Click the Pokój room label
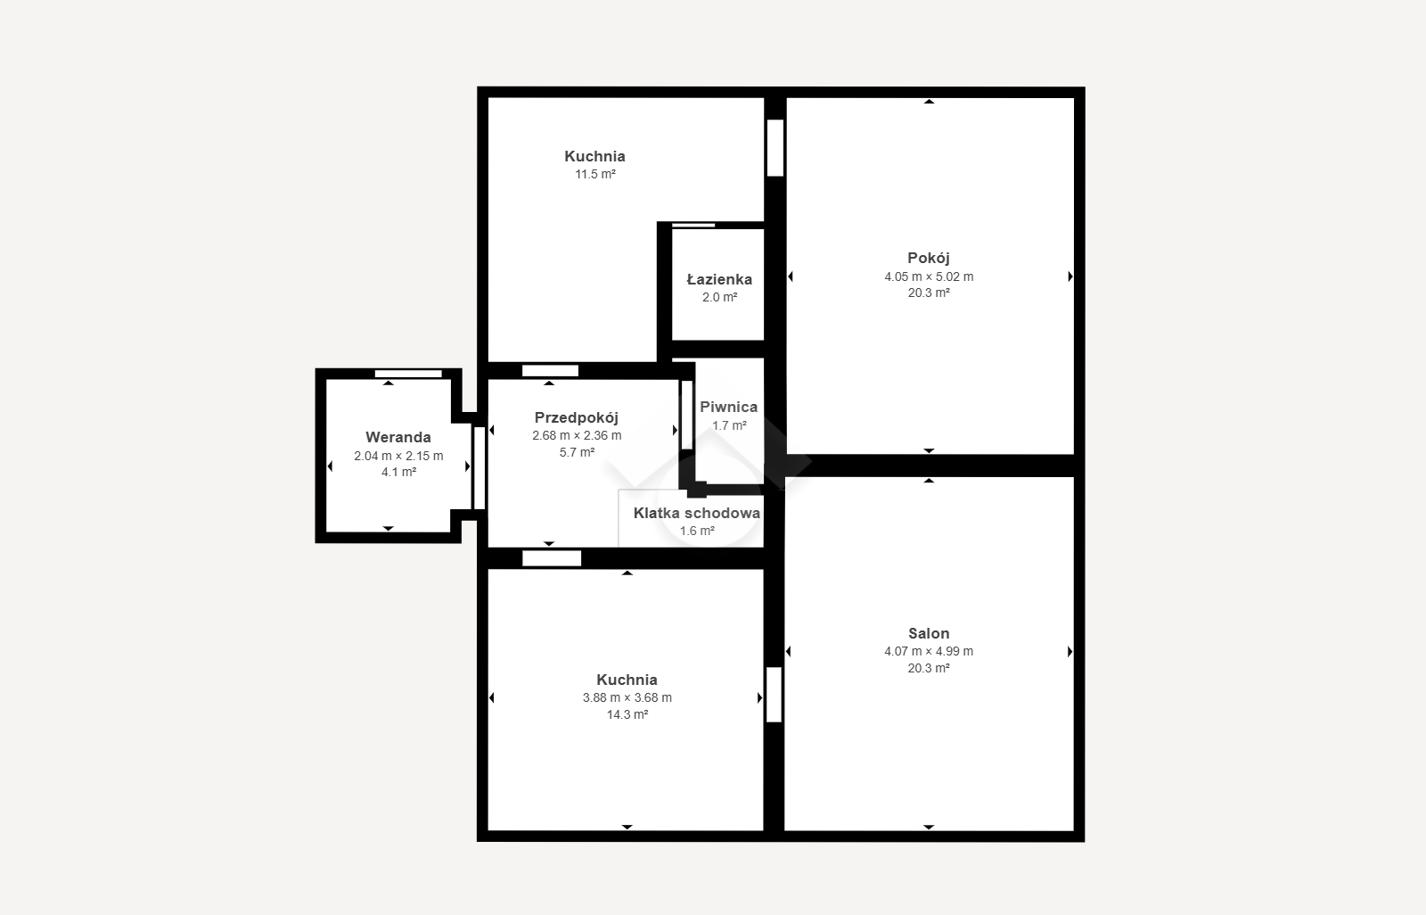point(928,258)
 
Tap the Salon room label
point(928,633)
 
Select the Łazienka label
point(719,279)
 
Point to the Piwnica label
point(728,408)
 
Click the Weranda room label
point(397,437)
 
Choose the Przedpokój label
point(576,418)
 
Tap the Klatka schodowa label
point(696,513)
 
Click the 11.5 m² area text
point(595,174)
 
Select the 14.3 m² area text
point(627,714)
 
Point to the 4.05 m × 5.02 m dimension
point(928,276)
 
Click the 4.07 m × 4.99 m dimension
point(928,651)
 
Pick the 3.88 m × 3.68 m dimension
point(627,697)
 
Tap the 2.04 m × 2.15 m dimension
point(398,456)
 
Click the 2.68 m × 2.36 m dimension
point(577,435)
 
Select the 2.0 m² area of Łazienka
point(719,297)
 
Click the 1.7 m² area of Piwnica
point(729,425)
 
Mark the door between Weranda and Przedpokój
point(479,467)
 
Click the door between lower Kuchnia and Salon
point(774,695)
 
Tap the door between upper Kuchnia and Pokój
point(774,148)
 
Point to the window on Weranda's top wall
point(408,374)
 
